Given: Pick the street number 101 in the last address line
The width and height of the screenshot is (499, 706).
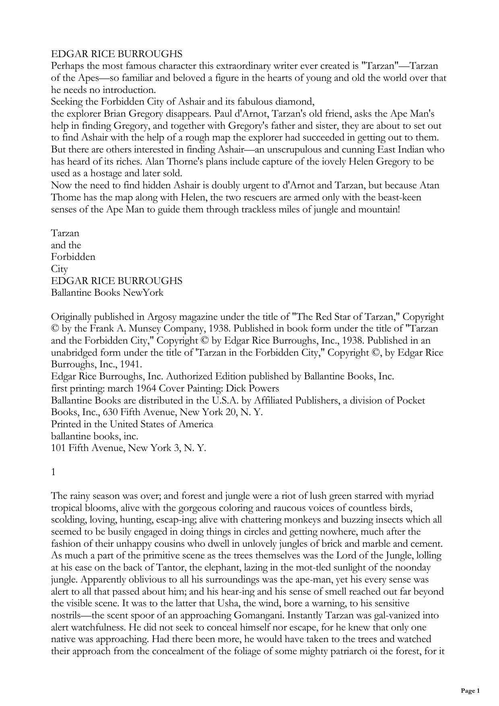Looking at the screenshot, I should click(x=58, y=448).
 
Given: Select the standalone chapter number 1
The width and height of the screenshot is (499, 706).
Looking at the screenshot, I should click(x=54, y=472).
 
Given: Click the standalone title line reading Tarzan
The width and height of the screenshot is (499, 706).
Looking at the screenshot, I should click(x=65, y=233).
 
